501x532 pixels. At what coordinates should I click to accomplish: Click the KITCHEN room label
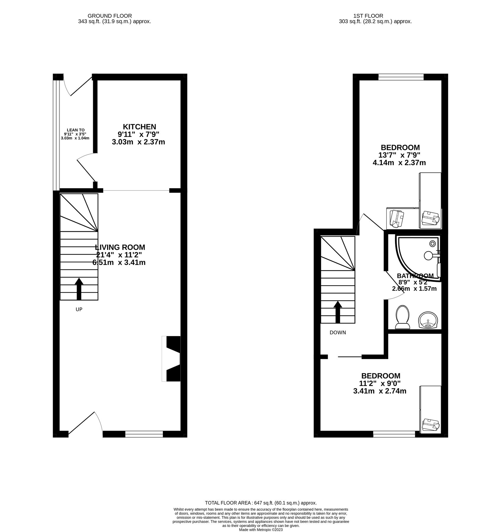click(139, 127)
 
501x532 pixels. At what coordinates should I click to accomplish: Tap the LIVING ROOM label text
click(120, 247)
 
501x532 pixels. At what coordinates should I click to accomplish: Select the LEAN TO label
click(75, 130)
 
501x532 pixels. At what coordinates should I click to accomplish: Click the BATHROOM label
click(415, 276)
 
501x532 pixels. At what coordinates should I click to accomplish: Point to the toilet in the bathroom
click(403, 317)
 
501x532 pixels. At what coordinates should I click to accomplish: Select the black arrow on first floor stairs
click(338, 312)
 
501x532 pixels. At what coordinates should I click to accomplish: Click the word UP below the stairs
click(79, 309)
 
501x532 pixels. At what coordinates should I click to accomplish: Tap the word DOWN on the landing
click(338, 332)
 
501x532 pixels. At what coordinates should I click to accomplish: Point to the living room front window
click(144, 434)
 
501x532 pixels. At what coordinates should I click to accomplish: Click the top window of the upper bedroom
click(401, 77)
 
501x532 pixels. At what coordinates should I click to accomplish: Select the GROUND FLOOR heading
click(110, 16)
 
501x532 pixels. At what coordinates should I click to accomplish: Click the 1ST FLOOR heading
click(368, 16)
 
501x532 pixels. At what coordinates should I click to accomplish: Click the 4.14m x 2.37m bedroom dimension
click(399, 162)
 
